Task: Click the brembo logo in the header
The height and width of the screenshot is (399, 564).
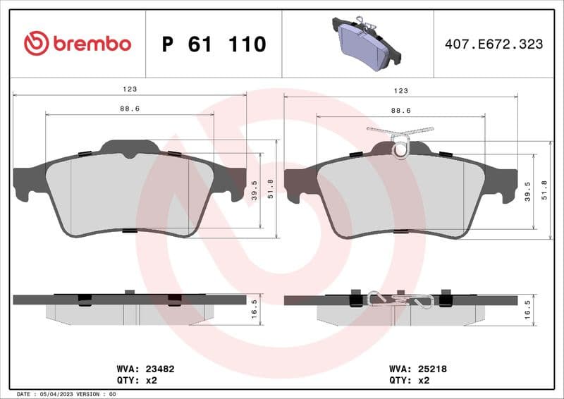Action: [x=78, y=44]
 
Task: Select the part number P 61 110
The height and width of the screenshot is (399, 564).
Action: [x=214, y=44]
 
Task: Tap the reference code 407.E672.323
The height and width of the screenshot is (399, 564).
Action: [x=493, y=44]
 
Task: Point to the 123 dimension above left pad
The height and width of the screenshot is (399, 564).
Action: [x=130, y=90]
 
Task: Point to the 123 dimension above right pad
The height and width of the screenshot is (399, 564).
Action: [x=400, y=90]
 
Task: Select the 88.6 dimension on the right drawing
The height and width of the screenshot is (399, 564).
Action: [x=400, y=110]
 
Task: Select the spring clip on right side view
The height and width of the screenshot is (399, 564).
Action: [x=399, y=300]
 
